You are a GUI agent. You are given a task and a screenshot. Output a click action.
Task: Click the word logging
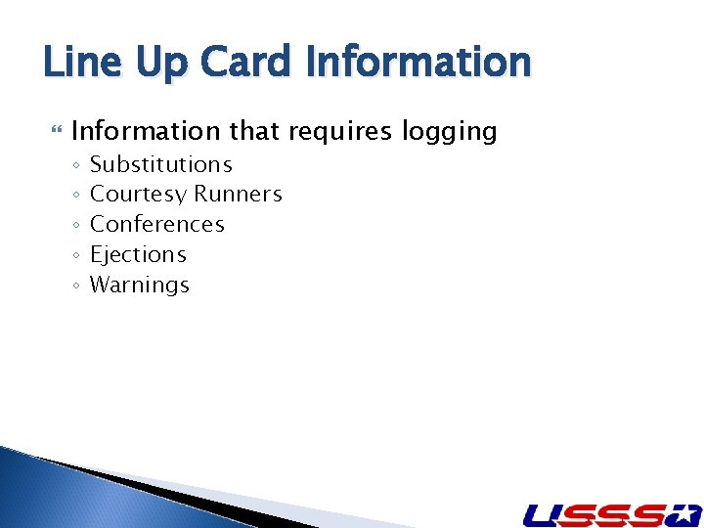[x=451, y=131]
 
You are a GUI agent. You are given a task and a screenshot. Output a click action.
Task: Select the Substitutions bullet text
[x=161, y=164]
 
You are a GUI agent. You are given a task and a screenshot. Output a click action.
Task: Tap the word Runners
[x=239, y=195]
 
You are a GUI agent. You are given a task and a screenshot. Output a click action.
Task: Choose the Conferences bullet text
[x=157, y=224]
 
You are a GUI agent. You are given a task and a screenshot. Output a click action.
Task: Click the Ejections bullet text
[x=138, y=255]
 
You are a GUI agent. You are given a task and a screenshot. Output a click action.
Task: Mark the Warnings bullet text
[x=140, y=286]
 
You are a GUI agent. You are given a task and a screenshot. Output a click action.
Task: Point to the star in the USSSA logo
[x=684, y=513]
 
